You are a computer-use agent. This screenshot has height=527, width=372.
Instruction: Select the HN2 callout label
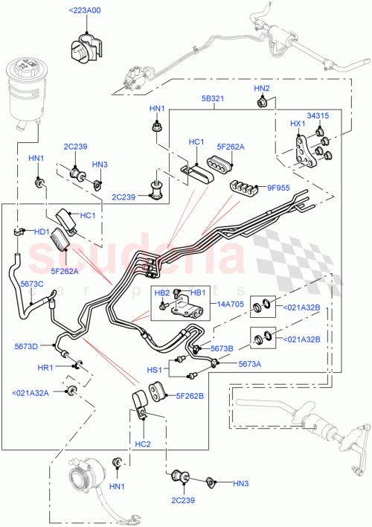pyautogui.click(x=262, y=89)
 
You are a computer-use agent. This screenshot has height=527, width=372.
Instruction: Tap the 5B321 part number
pyautogui.click(x=214, y=98)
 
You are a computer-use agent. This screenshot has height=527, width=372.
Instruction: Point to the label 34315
pyautogui.click(x=318, y=117)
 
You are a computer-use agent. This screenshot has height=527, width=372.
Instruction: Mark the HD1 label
pyautogui.click(x=40, y=231)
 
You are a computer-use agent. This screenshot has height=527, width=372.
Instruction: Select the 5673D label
pyautogui.click(x=26, y=345)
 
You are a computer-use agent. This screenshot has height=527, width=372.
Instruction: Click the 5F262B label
pyautogui.click(x=190, y=396)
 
